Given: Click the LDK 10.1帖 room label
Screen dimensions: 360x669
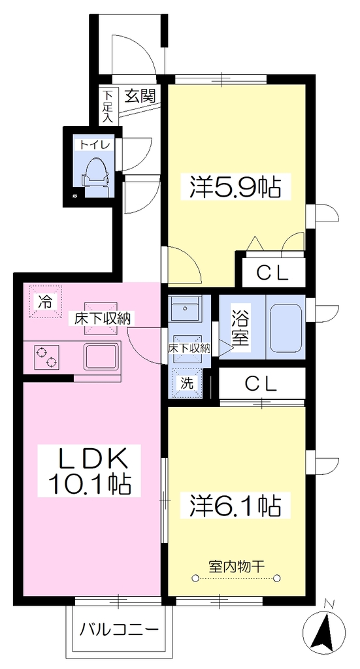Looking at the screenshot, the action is tap(90, 470).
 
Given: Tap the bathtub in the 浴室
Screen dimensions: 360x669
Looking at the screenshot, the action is tap(286, 327).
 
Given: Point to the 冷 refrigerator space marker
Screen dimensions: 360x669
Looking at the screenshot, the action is tap(45, 302).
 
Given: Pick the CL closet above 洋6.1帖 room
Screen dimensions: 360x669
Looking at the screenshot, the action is tap(261, 384).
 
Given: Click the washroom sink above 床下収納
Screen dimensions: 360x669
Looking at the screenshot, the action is tap(185, 309).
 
